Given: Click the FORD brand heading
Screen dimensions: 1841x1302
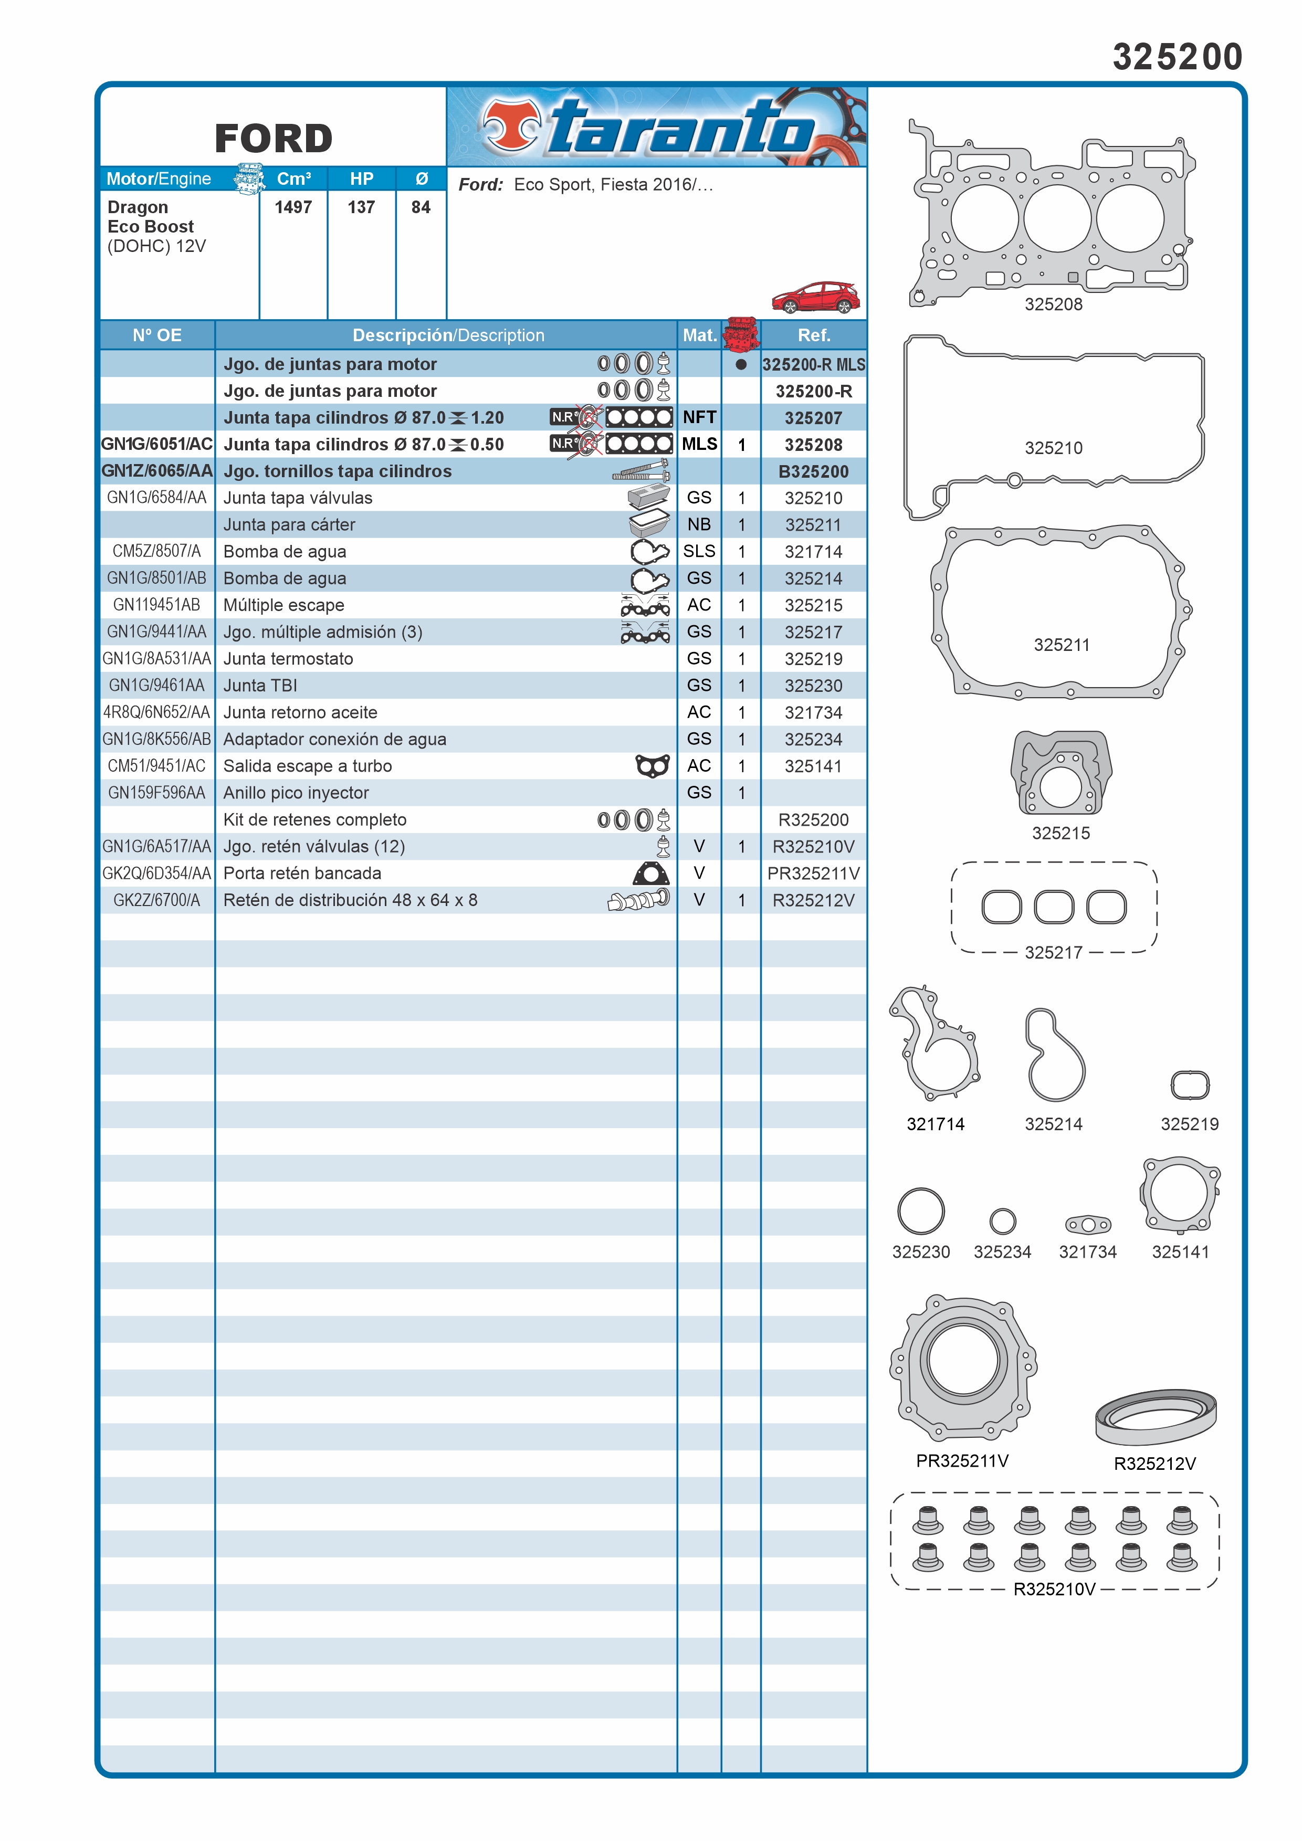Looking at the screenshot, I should pos(274,139).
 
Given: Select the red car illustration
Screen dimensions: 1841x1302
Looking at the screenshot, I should pos(815,298).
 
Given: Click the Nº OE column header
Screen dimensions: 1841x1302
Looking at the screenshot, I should pos(157,335).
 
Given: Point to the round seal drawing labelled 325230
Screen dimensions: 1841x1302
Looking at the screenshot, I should pos(920,1210).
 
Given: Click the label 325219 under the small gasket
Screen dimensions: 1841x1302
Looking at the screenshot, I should pos(1189,1123).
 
